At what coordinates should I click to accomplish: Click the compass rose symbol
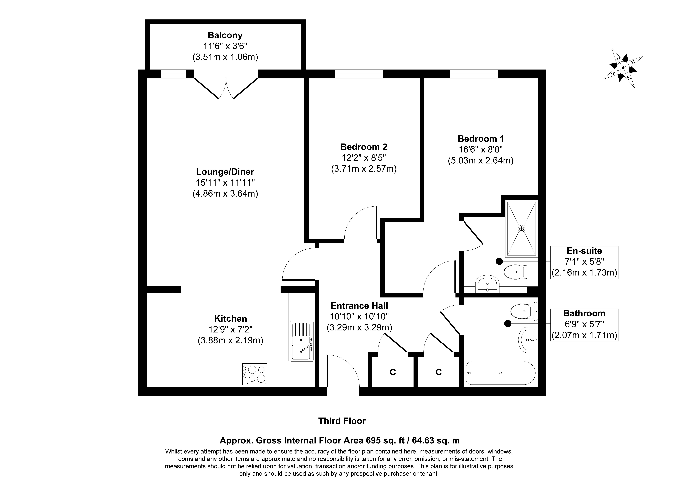623,68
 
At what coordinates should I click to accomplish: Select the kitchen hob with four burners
255,374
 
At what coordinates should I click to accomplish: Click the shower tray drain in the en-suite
521,229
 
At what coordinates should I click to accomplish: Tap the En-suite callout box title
584,251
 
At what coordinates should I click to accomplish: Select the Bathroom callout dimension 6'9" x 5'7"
584,324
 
